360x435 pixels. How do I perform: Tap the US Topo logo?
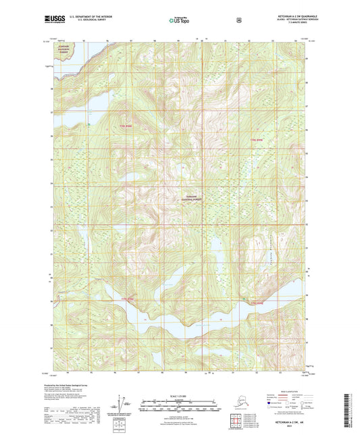pyautogui.click(x=179, y=21)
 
